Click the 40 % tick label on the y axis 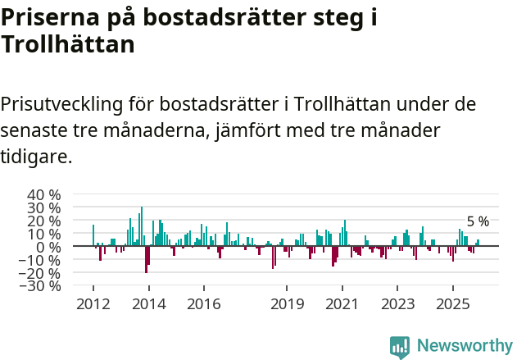point(44,194)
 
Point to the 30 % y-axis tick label point(44,207)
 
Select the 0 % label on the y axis point(48,247)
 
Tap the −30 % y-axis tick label point(41,286)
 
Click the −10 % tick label point(41,260)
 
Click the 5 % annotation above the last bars point(478,221)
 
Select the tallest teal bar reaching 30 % point(141,226)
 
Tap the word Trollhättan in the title point(67,45)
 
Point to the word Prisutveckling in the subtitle point(62,105)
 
